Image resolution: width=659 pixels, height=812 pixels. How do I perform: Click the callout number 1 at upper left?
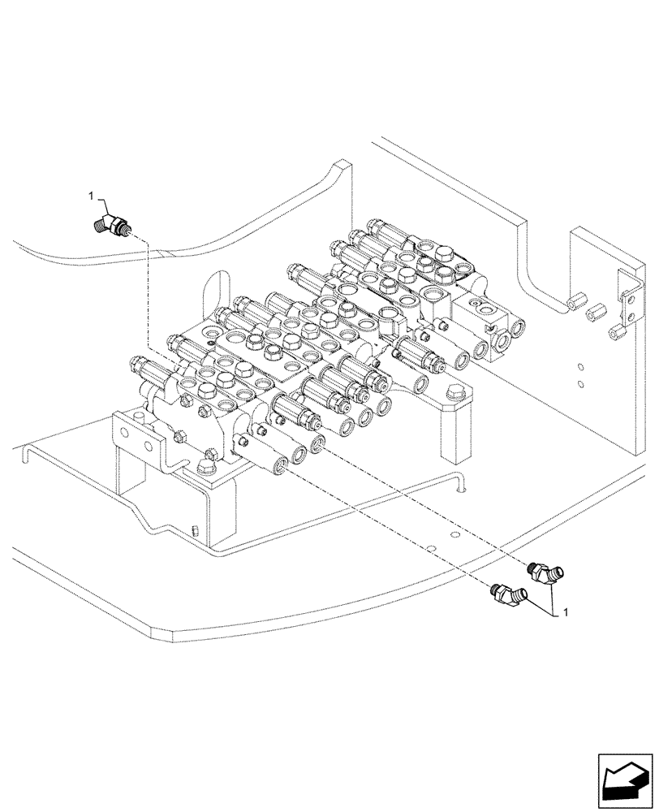click(x=92, y=196)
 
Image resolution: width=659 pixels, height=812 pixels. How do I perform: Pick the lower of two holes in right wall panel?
click(x=581, y=382)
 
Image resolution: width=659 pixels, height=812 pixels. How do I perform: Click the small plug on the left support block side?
click(x=196, y=532)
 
